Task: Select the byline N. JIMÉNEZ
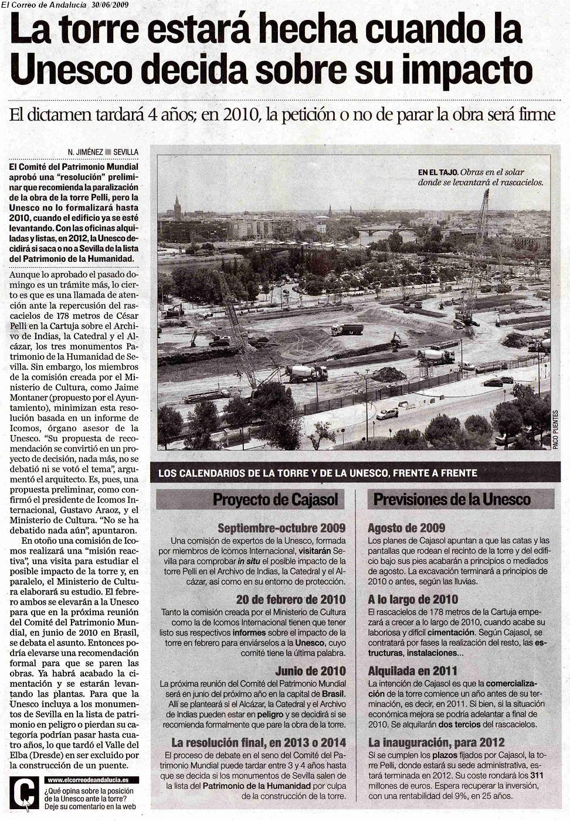(x=85, y=152)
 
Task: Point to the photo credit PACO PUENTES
(x=554, y=429)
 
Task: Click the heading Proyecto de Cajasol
(x=275, y=500)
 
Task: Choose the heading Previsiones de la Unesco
(x=452, y=500)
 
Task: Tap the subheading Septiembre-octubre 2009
(x=281, y=528)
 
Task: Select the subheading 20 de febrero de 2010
(x=291, y=599)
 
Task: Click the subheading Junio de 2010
(x=310, y=671)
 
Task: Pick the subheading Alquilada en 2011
(x=412, y=671)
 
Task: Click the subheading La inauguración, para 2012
(x=436, y=742)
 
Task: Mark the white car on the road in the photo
(x=387, y=414)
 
